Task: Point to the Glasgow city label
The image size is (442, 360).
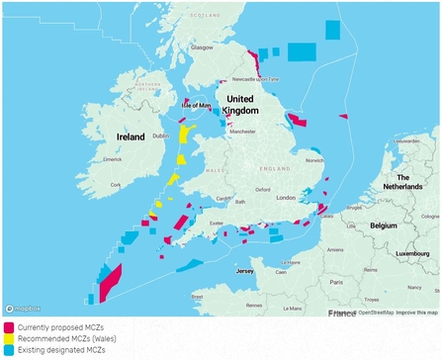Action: click(x=202, y=46)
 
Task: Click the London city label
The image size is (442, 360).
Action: click(x=287, y=198)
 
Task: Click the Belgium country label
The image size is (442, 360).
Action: click(x=383, y=225)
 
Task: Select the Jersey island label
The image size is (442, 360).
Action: click(x=244, y=270)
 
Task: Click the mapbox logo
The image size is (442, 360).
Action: click(x=24, y=310)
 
